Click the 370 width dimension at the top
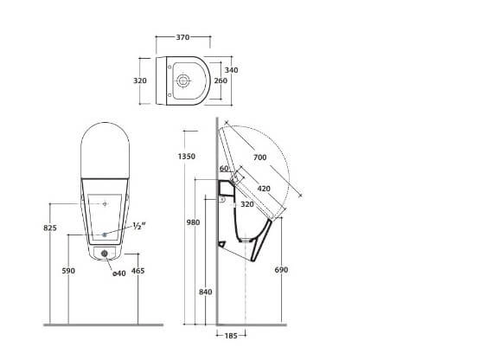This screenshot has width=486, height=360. click(182, 37)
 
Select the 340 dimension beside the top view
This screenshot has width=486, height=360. click(231, 70)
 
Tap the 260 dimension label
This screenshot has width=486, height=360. click(221, 80)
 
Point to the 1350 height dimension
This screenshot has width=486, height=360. click(187, 157)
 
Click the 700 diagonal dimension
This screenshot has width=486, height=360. click(259, 157)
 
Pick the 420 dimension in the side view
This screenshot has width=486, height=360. click(264, 189)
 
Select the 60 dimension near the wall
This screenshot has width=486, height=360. click(224, 169)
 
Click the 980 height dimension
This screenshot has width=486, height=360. click(193, 222)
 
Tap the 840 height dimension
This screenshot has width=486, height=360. click(206, 292)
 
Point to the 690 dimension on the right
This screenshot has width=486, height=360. click(281, 270)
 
